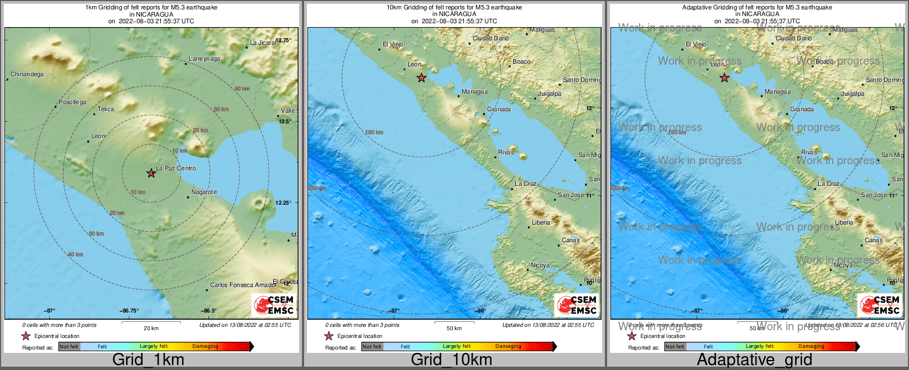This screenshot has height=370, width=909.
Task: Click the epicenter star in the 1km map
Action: tap(151, 173)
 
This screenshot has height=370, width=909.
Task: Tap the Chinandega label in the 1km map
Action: tap(27, 75)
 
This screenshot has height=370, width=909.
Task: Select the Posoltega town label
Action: tap(72, 102)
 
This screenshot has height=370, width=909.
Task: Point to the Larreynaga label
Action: tap(204, 59)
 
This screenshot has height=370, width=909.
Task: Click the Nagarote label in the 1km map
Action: tap(204, 192)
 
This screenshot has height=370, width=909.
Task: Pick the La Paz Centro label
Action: tap(176, 168)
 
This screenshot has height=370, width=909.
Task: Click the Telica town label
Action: tap(106, 110)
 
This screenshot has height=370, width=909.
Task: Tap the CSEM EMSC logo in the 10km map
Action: tap(577, 305)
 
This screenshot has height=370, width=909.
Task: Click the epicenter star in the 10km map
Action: tap(421, 78)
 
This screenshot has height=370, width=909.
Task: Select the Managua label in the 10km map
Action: tap(474, 92)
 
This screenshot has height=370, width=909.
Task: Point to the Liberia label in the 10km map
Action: tap(541, 223)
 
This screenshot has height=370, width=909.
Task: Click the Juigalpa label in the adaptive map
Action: tap(852, 94)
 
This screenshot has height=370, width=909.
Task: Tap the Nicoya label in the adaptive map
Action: tap(843, 265)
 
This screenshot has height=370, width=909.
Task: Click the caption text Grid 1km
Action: tap(148, 360)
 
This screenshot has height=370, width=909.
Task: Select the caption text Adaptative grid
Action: tap(754, 360)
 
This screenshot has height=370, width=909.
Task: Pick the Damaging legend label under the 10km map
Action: tap(508, 347)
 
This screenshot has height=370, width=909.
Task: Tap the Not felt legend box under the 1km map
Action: tap(69, 347)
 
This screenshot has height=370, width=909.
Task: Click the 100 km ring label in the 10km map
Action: tap(374, 133)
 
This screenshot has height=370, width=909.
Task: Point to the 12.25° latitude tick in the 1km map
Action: tap(283, 203)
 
